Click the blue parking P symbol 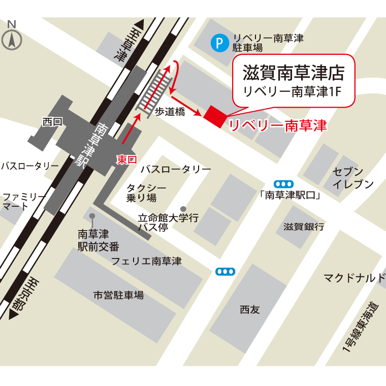(x=219, y=44)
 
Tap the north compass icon (x=12, y=38)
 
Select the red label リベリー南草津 (x=278, y=125)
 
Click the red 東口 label (x=126, y=159)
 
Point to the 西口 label (x=52, y=121)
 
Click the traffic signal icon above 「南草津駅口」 (x=283, y=184)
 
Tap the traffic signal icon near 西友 (x=225, y=272)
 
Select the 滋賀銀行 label (x=304, y=227)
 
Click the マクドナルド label (x=355, y=278)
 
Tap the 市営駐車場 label (x=118, y=295)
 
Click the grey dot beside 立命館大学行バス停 (x=183, y=209)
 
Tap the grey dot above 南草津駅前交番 (x=92, y=216)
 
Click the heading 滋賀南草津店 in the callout (x=293, y=73)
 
